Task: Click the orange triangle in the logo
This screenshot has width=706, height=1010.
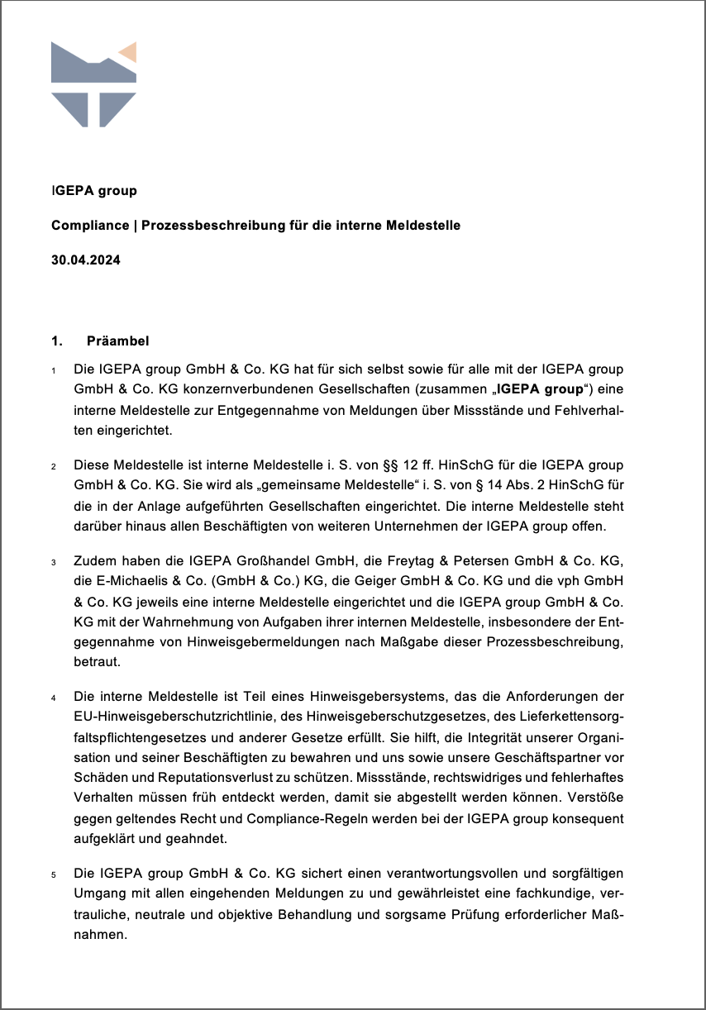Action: tap(129, 54)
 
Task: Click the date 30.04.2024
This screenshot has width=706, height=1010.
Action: tap(86, 260)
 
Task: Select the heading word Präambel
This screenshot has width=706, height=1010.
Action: tap(117, 341)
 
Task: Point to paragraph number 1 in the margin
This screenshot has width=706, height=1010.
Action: tap(53, 369)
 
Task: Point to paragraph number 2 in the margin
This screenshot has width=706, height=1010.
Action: tap(53, 467)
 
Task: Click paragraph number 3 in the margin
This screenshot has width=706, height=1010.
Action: tap(53, 564)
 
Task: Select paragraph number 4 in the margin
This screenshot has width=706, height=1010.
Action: tap(53, 698)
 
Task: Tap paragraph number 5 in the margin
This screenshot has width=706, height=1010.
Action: tap(53, 874)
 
